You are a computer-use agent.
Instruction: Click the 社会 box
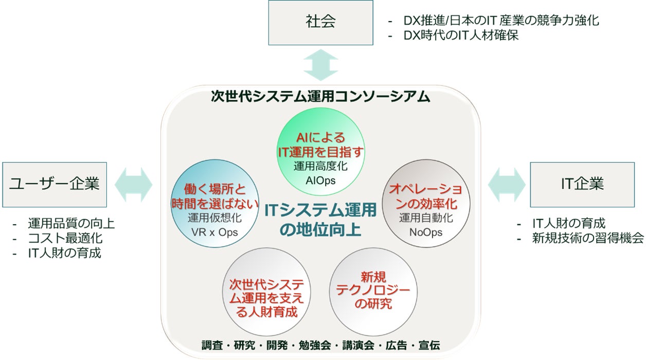click(320, 22)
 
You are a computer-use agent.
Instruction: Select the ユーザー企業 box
click(55, 185)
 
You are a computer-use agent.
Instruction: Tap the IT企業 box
click(582, 185)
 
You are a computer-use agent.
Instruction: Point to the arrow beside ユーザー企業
click(134, 184)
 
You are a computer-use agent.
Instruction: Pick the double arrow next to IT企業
click(506, 184)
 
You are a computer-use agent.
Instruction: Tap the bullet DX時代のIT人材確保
click(461, 35)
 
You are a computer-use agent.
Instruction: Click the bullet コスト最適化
click(65, 238)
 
